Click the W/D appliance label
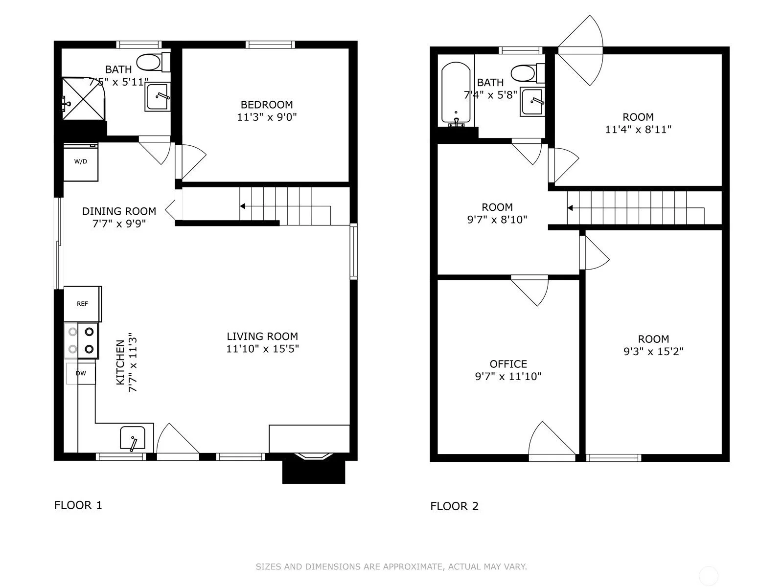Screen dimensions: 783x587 click(81, 161)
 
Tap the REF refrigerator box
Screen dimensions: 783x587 click(82, 304)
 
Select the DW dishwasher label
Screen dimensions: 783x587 click(81, 373)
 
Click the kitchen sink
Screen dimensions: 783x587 click(133, 438)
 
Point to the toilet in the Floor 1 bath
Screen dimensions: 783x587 click(154, 62)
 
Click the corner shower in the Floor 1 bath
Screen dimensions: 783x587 click(84, 99)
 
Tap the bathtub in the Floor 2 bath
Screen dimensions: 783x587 click(456, 94)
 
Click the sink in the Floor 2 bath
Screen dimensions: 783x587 click(532, 102)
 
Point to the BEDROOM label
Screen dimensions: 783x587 click(267, 104)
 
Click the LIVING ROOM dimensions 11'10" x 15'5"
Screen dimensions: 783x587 click(262, 349)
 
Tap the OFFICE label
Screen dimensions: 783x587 click(508, 364)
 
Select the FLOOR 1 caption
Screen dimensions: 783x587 click(78, 505)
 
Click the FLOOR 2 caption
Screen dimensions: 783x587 click(455, 506)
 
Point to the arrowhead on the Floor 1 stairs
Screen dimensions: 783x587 click(243, 206)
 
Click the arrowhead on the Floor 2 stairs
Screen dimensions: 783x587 click(570, 208)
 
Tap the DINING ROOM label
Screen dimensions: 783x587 click(119, 211)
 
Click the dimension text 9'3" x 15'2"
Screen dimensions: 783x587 click(653, 351)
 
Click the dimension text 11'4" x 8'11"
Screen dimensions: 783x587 click(638, 129)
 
